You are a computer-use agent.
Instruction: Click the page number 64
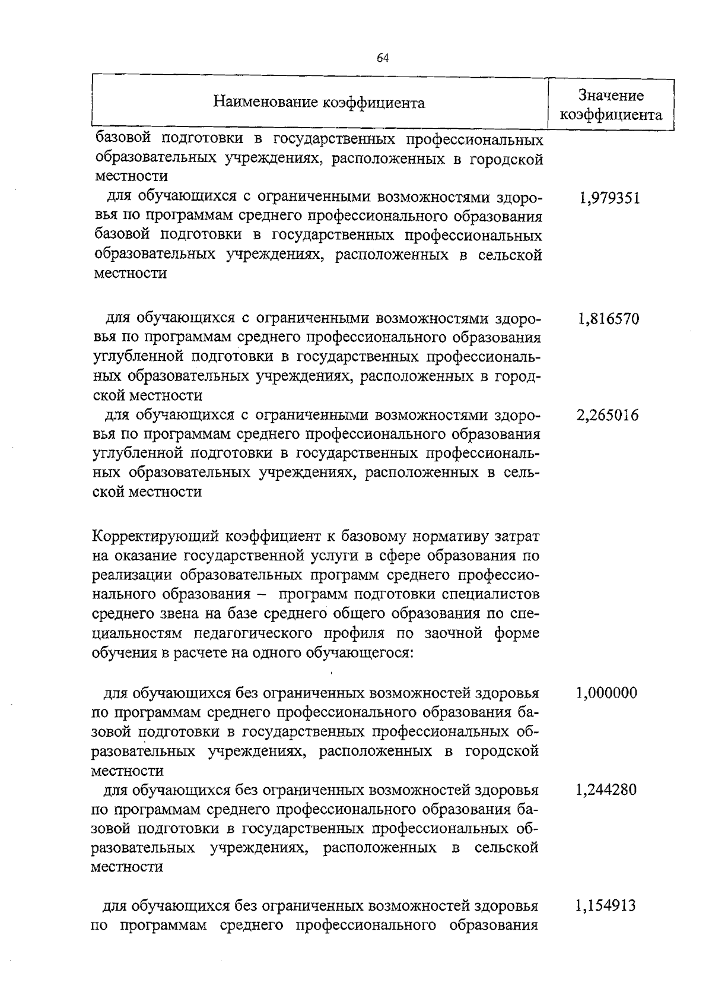click(383, 58)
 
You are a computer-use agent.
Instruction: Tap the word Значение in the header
click(611, 95)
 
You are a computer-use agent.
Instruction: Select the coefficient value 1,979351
click(609, 198)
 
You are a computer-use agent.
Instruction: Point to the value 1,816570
click(608, 319)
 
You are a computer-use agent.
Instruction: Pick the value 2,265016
click(608, 416)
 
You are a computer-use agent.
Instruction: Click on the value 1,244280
click(606, 790)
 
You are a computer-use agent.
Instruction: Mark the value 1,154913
click(606, 906)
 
